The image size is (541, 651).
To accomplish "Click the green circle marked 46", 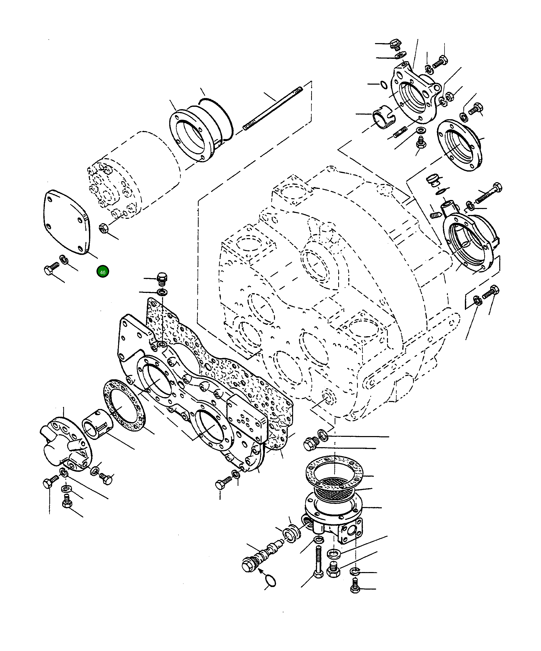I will click(103, 272).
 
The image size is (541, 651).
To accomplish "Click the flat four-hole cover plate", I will click(66, 222).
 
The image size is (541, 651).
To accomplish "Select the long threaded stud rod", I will click(273, 109).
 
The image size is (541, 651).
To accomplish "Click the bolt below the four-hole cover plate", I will click(51, 268).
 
